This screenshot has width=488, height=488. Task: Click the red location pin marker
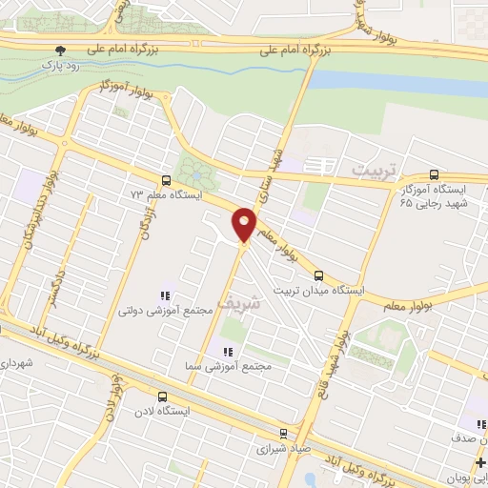pyautogui.click(x=245, y=223)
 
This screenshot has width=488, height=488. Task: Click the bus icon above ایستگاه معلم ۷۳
pyautogui.click(x=167, y=179)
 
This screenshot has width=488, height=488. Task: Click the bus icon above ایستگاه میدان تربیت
pyautogui.click(x=318, y=275)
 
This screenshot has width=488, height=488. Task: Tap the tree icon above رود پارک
pyautogui.click(x=61, y=50)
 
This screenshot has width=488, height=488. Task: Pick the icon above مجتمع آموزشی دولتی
pyautogui.click(x=165, y=295)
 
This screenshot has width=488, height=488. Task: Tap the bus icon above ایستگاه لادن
pyautogui.click(x=161, y=396)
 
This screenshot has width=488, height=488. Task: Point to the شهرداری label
pyautogui.click(x=16, y=363)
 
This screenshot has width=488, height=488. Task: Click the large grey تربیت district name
pyautogui.click(x=372, y=170)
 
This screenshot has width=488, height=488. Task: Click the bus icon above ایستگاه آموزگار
pyautogui.click(x=435, y=175)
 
